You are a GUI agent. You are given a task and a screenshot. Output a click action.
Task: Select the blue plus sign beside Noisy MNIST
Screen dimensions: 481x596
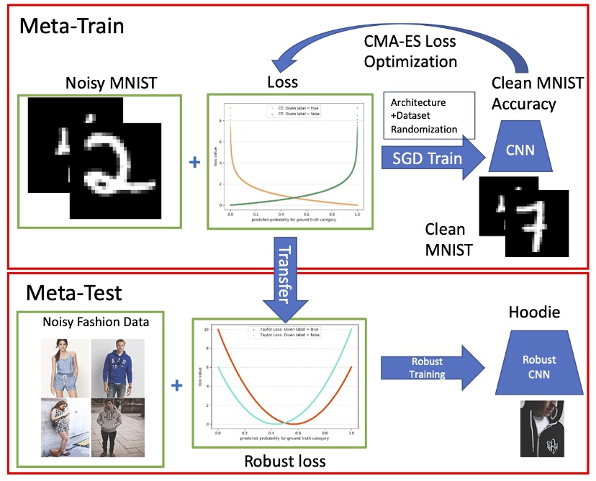(193, 163)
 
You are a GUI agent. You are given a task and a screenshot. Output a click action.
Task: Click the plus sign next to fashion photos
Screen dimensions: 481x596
(176, 387)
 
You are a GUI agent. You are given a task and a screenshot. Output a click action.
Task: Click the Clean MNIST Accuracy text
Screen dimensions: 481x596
(524, 92)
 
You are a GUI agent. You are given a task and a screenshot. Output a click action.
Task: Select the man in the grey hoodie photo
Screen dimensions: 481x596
(116, 426)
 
